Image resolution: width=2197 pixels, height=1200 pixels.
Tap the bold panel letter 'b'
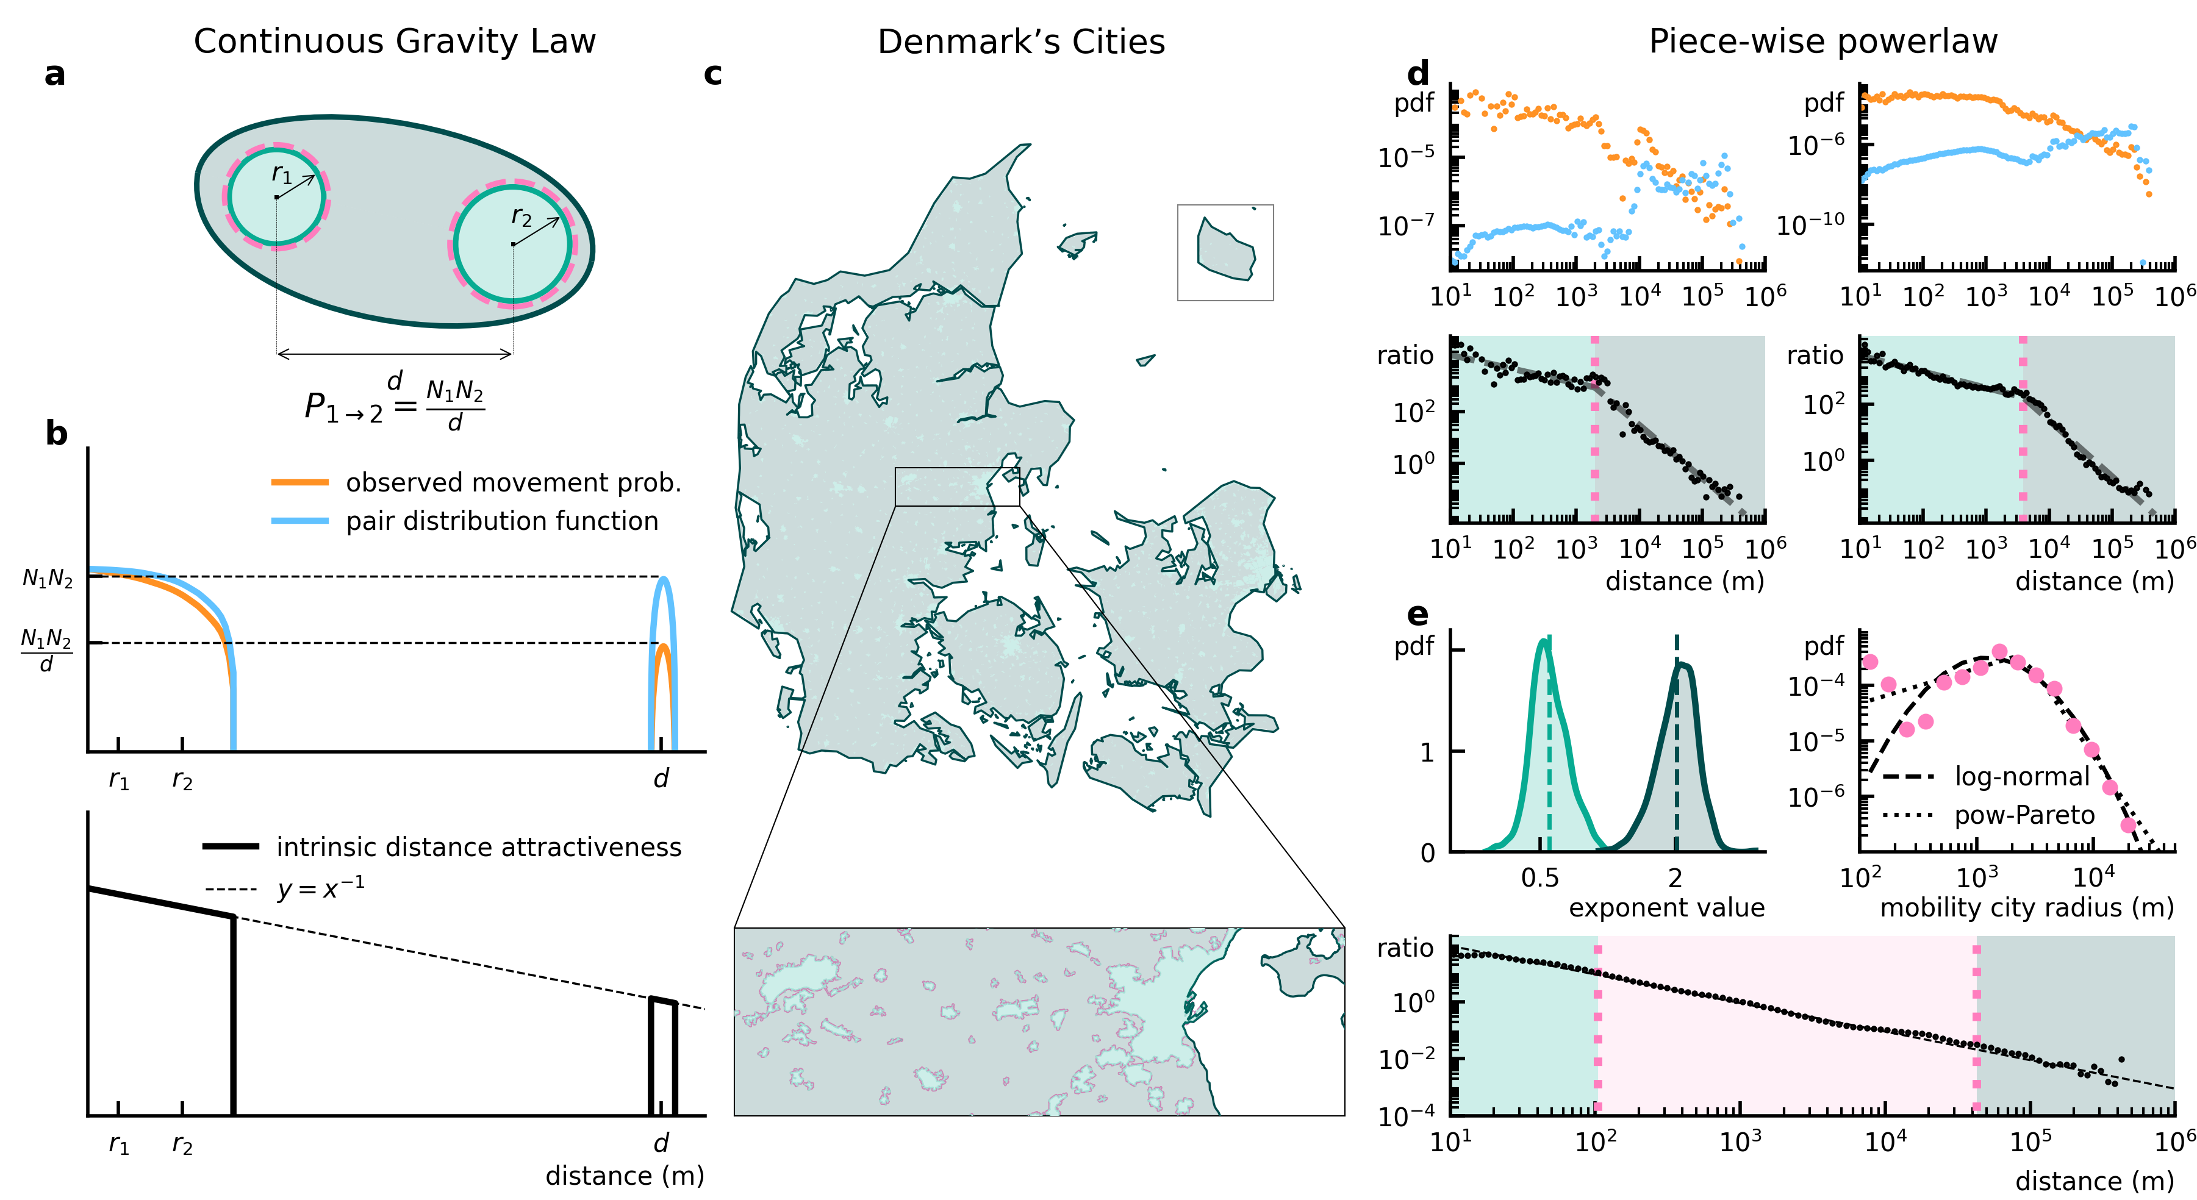pos(56,434)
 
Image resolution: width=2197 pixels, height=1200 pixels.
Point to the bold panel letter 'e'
pos(1417,613)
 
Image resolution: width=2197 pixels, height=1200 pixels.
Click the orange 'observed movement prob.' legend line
pos(299,483)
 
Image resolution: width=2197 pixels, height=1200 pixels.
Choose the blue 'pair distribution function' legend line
pos(299,520)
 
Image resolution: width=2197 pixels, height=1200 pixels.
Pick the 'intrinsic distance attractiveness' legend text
pos(478,847)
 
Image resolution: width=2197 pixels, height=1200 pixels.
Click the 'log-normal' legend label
pos(2021,776)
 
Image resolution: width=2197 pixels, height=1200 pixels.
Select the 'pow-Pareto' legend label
pos(2024,815)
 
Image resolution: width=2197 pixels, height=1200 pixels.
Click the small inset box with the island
pos(1225,252)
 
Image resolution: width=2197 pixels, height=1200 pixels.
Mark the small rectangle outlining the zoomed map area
pos(957,486)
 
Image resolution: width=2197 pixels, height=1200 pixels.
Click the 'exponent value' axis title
pos(1666,907)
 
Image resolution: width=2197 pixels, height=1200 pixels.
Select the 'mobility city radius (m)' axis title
pos(2026,907)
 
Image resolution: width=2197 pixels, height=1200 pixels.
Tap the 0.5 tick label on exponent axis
pos(1539,877)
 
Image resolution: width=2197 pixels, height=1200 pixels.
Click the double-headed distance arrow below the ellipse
pos(394,353)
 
